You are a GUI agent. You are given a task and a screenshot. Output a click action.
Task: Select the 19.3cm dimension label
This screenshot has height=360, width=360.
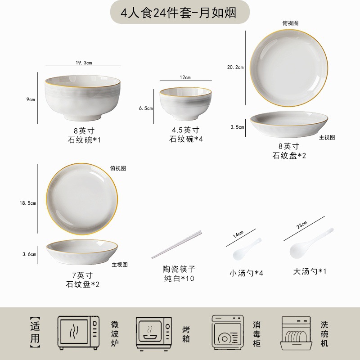(84, 63)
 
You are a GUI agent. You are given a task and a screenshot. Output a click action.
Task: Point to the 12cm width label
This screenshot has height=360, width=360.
(185, 77)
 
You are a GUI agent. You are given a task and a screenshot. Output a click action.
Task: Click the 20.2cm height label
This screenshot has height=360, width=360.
(235, 67)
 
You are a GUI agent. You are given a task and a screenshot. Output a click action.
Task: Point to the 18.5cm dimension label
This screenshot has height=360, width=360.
(28, 203)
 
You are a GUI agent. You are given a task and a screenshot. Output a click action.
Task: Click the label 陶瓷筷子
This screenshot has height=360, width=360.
(180, 269)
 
